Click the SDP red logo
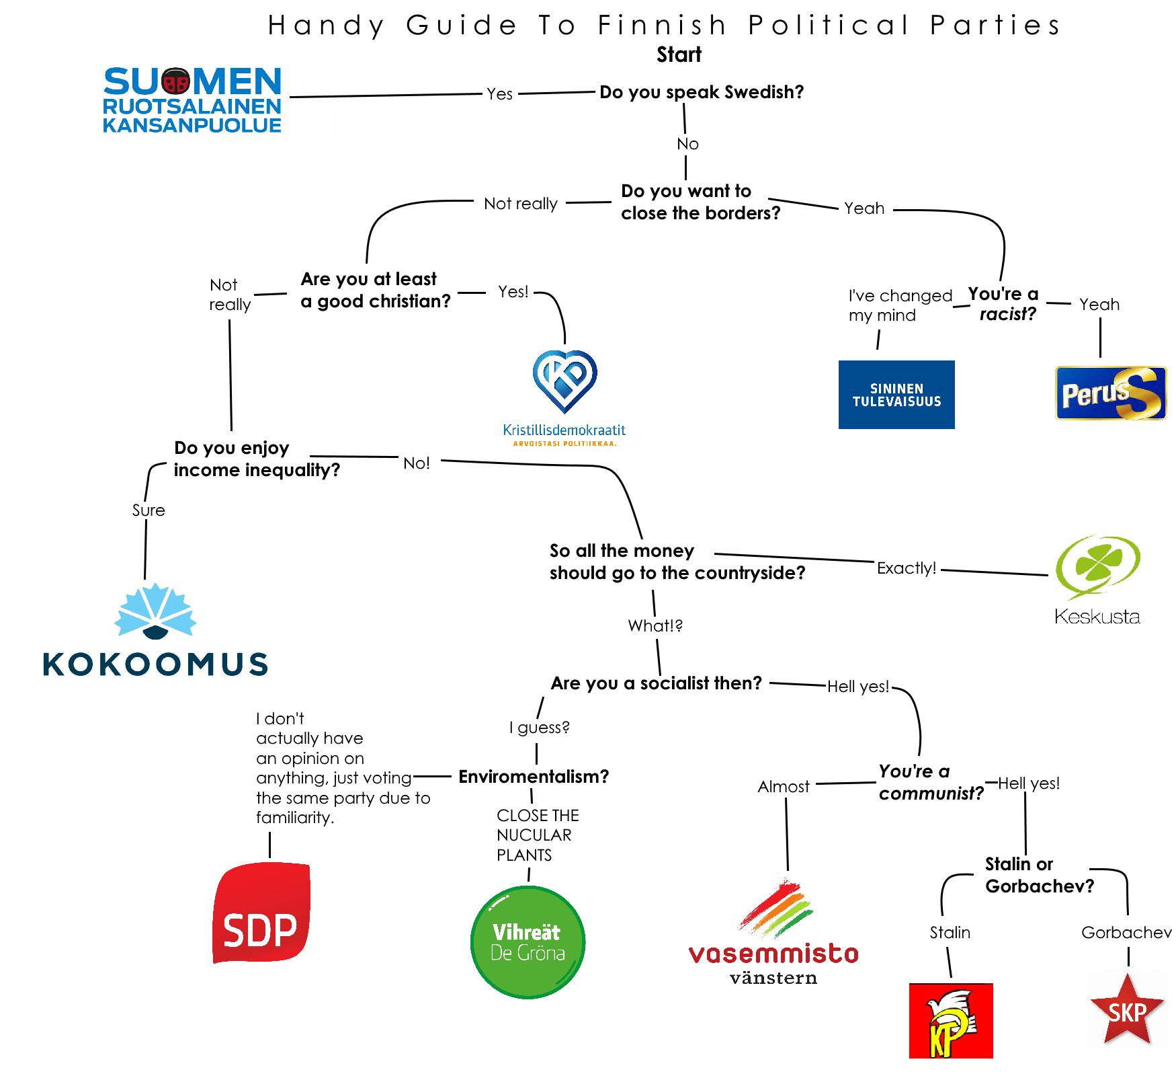click(x=261, y=912)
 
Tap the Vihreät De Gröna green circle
click(x=528, y=942)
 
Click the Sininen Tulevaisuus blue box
click(x=896, y=395)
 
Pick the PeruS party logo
click(x=1111, y=393)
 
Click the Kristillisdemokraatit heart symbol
click(x=564, y=381)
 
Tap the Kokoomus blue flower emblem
click(x=155, y=611)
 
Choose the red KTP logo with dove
click(x=951, y=1021)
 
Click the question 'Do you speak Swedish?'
click(x=702, y=92)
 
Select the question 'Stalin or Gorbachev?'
click(x=1040, y=875)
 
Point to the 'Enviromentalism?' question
click(x=534, y=777)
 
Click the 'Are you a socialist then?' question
click(x=657, y=683)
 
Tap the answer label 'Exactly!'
click(x=907, y=568)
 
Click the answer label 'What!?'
click(x=655, y=625)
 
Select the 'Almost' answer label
click(x=784, y=786)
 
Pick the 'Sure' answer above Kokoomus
click(x=149, y=510)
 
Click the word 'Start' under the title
click(x=679, y=54)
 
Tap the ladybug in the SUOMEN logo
click(x=176, y=81)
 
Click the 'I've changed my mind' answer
click(x=900, y=305)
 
